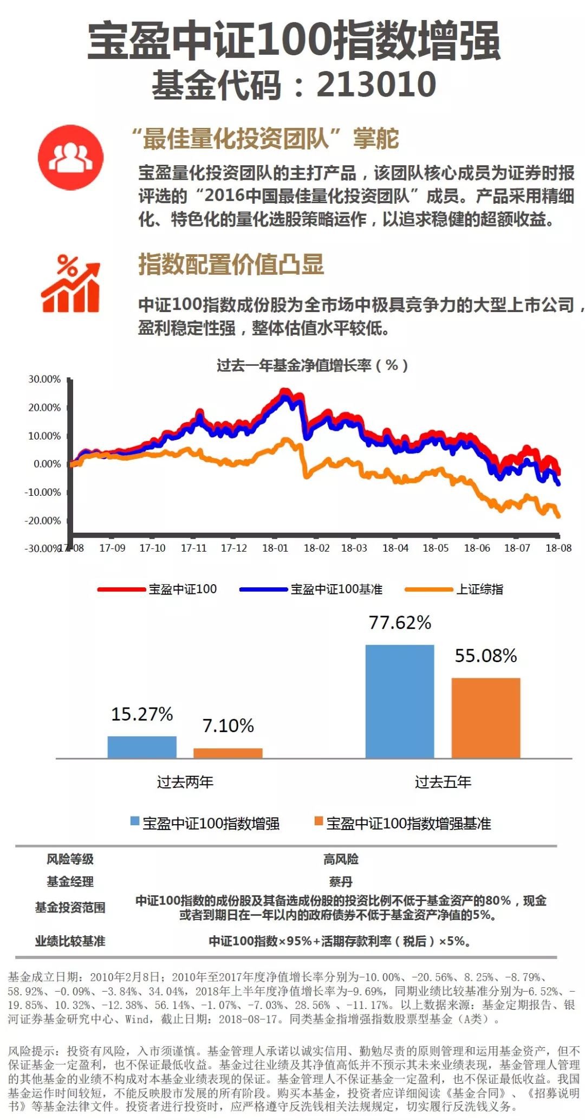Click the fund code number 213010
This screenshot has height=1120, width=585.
point(376,85)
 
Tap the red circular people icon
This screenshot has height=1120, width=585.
point(70,157)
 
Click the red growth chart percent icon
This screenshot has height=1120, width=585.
point(70,283)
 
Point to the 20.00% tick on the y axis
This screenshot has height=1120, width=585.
point(44,407)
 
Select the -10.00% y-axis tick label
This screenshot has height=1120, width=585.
point(43,492)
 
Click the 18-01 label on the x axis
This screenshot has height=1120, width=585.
point(275,548)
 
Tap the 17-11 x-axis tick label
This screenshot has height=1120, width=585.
point(194,548)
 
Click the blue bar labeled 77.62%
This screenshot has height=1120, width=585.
point(400,701)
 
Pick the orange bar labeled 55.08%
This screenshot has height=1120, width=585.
point(486,718)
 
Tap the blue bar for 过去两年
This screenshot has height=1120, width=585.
point(142,747)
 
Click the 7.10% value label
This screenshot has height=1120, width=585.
point(228,726)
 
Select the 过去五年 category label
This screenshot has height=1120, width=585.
point(443,782)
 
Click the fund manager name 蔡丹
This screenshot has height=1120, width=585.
point(341,882)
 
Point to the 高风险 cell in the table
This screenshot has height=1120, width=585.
point(341,859)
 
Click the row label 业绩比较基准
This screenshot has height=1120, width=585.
point(70,941)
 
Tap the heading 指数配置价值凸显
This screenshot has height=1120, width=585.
point(231,264)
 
